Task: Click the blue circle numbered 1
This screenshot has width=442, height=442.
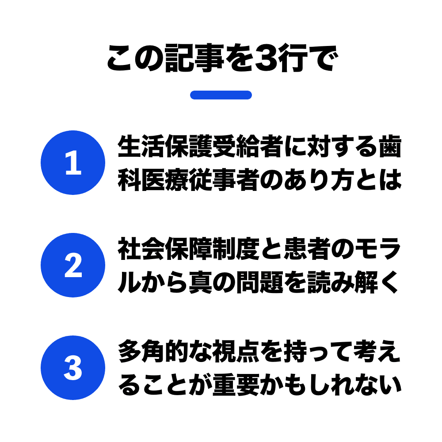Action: coord(73,163)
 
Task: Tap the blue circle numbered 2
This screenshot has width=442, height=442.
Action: coord(73,265)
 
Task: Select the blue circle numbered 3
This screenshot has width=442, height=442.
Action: coord(73,368)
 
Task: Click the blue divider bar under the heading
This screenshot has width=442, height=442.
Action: coord(221,95)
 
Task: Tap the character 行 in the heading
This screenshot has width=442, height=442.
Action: coord(292,58)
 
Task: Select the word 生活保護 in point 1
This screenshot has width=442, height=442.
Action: coord(165,146)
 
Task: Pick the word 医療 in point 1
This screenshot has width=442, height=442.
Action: coord(153,180)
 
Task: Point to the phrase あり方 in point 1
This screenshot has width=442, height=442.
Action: coord(319,180)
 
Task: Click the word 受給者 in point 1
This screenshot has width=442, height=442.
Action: coord(248,146)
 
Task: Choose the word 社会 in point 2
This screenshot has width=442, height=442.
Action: coord(141,248)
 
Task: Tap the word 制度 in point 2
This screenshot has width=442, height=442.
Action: coord(236,248)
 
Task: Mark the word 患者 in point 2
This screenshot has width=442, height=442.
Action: coord(307,248)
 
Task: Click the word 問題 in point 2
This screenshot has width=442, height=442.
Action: coord(259,282)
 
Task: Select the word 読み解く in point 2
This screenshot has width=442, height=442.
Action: coord(354,282)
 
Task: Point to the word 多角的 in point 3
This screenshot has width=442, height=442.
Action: coord(153,351)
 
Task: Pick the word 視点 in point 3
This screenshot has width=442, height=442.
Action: coord(236,351)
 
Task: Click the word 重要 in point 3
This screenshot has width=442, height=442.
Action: coord(236,385)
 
